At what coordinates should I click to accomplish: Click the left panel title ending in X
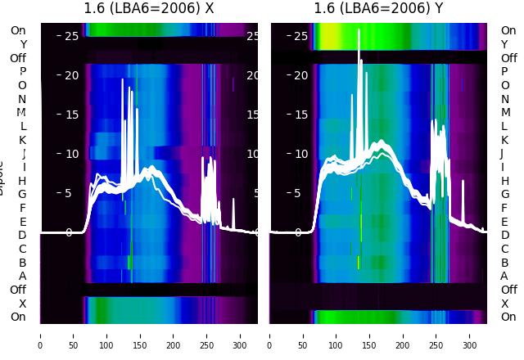coord(150,9)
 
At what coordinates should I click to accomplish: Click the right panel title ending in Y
coord(378,9)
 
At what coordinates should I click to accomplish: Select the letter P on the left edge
coord(22,72)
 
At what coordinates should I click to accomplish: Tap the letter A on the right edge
coord(504,276)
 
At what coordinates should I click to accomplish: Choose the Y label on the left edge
coord(23,44)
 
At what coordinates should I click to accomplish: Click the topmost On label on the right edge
coord(508,30)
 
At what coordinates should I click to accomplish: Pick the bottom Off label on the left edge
coord(18,290)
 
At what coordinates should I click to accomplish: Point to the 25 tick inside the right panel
coord(300,36)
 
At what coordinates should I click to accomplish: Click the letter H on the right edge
coord(504,180)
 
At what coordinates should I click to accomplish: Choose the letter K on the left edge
coord(22,140)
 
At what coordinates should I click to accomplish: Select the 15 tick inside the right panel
coord(300,115)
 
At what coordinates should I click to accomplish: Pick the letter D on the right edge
coord(504,235)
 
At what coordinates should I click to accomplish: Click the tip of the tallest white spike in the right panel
coord(359,39)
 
